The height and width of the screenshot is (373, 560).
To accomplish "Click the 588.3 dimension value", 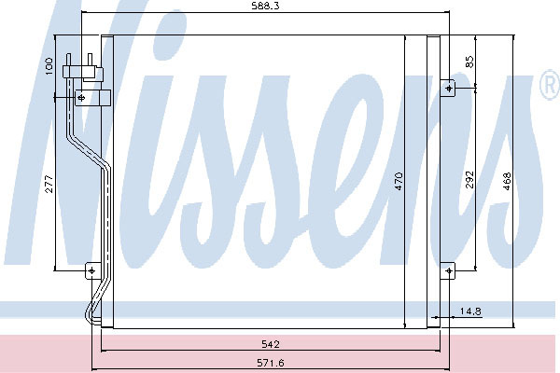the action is [x=265, y=7].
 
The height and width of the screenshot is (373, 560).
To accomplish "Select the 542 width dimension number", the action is [x=271, y=344].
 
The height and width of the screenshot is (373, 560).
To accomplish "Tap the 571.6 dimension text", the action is [x=271, y=363].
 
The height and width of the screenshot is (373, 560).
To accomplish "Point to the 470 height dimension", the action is [x=399, y=181].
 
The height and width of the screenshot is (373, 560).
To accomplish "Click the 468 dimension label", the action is [x=507, y=181].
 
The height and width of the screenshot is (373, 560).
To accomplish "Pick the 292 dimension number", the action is [x=469, y=180].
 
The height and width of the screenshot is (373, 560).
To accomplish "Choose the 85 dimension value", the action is [x=469, y=62].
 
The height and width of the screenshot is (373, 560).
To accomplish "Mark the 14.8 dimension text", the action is [x=470, y=311].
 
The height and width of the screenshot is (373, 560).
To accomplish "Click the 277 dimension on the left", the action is [x=49, y=184].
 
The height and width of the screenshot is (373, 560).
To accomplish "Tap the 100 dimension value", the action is [x=49, y=66].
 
